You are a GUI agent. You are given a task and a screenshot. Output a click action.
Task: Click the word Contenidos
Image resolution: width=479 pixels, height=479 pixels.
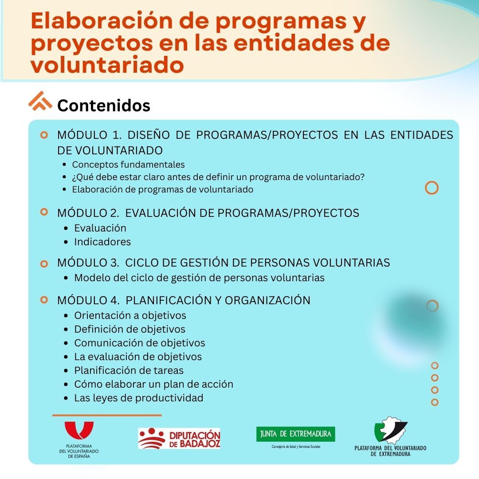pyautogui.click(x=103, y=106)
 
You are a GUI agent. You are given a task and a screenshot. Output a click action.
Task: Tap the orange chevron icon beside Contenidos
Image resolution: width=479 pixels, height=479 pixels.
pyautogui.click(x=40, y=101)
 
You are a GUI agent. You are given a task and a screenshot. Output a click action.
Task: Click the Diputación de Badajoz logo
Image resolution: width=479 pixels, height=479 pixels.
pyautogui.click(x=179, y=438)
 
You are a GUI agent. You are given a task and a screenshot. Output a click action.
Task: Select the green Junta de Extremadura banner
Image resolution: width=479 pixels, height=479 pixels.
pyautogui.click(x=295, y=434)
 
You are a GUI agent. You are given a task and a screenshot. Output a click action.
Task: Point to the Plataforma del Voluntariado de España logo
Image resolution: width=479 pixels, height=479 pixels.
pyautogui.click(x=79, y=439)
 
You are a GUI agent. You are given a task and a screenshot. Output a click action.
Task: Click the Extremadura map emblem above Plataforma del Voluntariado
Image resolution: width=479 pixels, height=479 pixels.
pyautogui.click(x=391, y=430)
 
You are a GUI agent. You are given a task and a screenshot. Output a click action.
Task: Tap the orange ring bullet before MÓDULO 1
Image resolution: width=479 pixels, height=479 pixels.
pyautogui.click(x=44, y=135)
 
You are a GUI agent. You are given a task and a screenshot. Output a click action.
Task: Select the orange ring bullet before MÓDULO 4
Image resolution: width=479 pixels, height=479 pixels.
pyautogui.click(x=44, y=300)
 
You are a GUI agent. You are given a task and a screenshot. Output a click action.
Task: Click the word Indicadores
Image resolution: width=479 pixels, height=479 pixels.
pyautogui.click(x=102, y=242)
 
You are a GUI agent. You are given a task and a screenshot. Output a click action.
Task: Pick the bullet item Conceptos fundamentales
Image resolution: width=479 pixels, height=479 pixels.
pyautogui.click(x=128, y=165)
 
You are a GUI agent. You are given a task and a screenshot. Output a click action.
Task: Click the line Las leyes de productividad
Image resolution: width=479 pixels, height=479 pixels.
pyautogui.click(x=139, y=398)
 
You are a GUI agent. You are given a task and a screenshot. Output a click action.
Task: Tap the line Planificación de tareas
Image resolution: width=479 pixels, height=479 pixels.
pyautogui.click(x=129, y=370)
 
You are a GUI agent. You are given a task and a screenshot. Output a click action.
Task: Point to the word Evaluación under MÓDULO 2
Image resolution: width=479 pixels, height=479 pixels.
pyautogui.click(x=100, y=228)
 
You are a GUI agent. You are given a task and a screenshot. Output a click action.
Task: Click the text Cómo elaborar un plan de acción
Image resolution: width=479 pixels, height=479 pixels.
pyautogui.click(x=153, y=384)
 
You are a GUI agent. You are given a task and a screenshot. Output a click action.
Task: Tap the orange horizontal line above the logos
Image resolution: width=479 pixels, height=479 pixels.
pyautogui.click(x=107, y=415)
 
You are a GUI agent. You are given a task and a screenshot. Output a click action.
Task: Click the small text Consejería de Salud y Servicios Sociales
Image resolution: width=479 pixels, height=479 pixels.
pyautogui.click(x=296, y=447)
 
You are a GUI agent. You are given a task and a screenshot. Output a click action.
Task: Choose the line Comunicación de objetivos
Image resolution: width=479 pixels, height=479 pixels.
pyautogui.click(x=140, y=343)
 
